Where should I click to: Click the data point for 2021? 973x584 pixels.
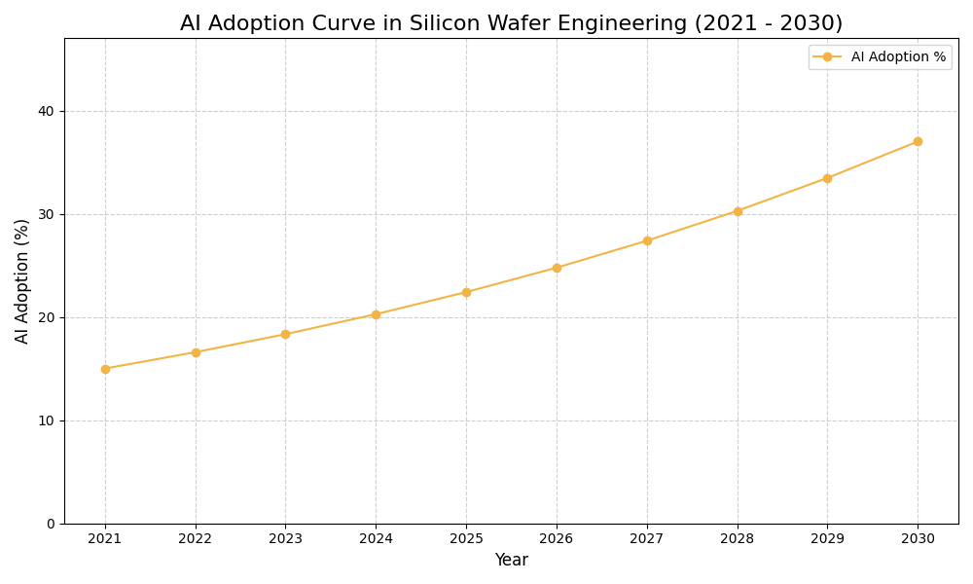pos(105,369)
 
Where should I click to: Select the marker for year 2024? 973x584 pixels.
pos(376,314)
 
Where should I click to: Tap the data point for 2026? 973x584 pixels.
pos(557,268)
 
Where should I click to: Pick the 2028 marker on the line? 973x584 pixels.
pos(738,211)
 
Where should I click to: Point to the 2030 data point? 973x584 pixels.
pos(918,141)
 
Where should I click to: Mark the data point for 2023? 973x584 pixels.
pos(285,334)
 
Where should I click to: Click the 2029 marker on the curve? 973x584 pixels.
pos(827,178)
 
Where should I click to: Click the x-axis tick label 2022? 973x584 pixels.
pos(196,539)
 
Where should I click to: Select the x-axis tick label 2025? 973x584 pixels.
pos(466,539)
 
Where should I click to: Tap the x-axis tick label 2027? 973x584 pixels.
pos(647,539)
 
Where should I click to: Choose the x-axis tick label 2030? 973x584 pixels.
pos(918,539)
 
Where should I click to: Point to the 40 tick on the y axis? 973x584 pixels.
pos(47,111)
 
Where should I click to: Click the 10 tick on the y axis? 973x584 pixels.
pos(47,420)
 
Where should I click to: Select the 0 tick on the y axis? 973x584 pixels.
pos(51,524)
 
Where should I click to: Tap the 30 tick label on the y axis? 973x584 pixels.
pos(47,214)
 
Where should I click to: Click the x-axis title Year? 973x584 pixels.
pos(511,561)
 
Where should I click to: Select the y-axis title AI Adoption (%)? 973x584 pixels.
pos(22,280)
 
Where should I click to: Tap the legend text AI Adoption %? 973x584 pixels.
pos(898,57)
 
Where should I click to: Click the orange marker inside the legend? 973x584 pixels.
pos(827,57)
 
